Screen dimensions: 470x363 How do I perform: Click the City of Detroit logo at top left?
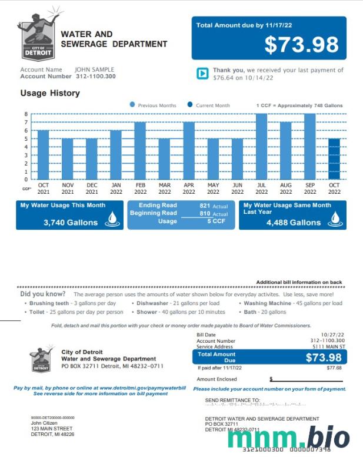pos(39,35)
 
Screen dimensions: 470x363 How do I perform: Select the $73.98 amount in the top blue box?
pos(301,45)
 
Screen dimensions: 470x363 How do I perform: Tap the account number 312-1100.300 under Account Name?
pos(95,77)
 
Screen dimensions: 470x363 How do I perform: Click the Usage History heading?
pos(50,93)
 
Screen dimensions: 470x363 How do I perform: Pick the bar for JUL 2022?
pos(261,147)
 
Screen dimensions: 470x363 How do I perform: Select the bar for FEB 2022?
pos(140,151)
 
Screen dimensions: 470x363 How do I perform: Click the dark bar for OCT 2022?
pos(334,159)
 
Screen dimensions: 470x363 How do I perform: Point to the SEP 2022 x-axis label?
pos(310,188)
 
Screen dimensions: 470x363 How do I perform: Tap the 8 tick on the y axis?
pos(26,114)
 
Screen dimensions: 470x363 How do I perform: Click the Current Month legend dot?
pos(190,105)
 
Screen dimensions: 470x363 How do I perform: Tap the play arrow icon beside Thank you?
pos(202,73)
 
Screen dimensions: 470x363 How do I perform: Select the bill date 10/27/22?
pos(333,335)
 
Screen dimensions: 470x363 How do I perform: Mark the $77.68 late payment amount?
pos(334,368)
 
